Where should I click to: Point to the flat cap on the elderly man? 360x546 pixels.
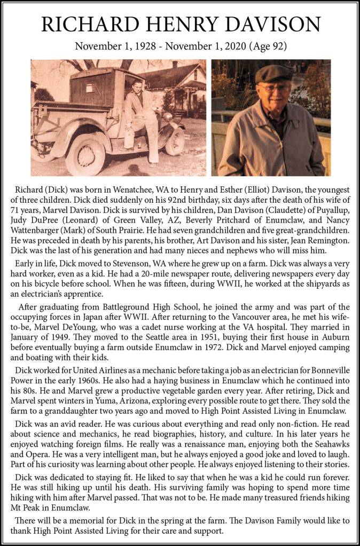(x=273, y=73)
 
